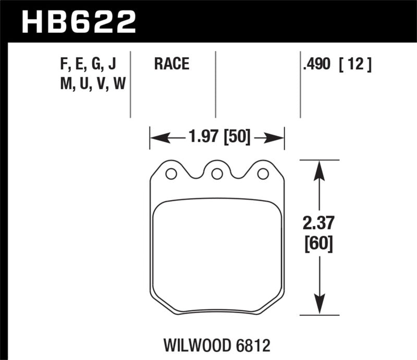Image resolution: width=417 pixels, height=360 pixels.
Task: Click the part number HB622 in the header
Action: pyautogui.click(x=78, y=22)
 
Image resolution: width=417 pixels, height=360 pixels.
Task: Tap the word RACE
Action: pyautogui.click(x=171, y=65)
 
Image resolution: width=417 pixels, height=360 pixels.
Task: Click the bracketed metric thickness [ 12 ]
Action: pyautogui.click(x=356, y=65)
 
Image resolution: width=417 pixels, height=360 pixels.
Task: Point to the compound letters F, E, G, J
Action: pyautogui.click(x=89, y=65)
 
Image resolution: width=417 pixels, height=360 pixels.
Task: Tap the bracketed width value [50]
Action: pyautogui.click(x=236, y=138)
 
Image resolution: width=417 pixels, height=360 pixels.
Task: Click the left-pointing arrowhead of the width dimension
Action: pyautogui.click(x=156, y=138)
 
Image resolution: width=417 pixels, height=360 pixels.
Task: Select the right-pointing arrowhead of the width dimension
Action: pyautogui.click(x=278, y=138)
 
